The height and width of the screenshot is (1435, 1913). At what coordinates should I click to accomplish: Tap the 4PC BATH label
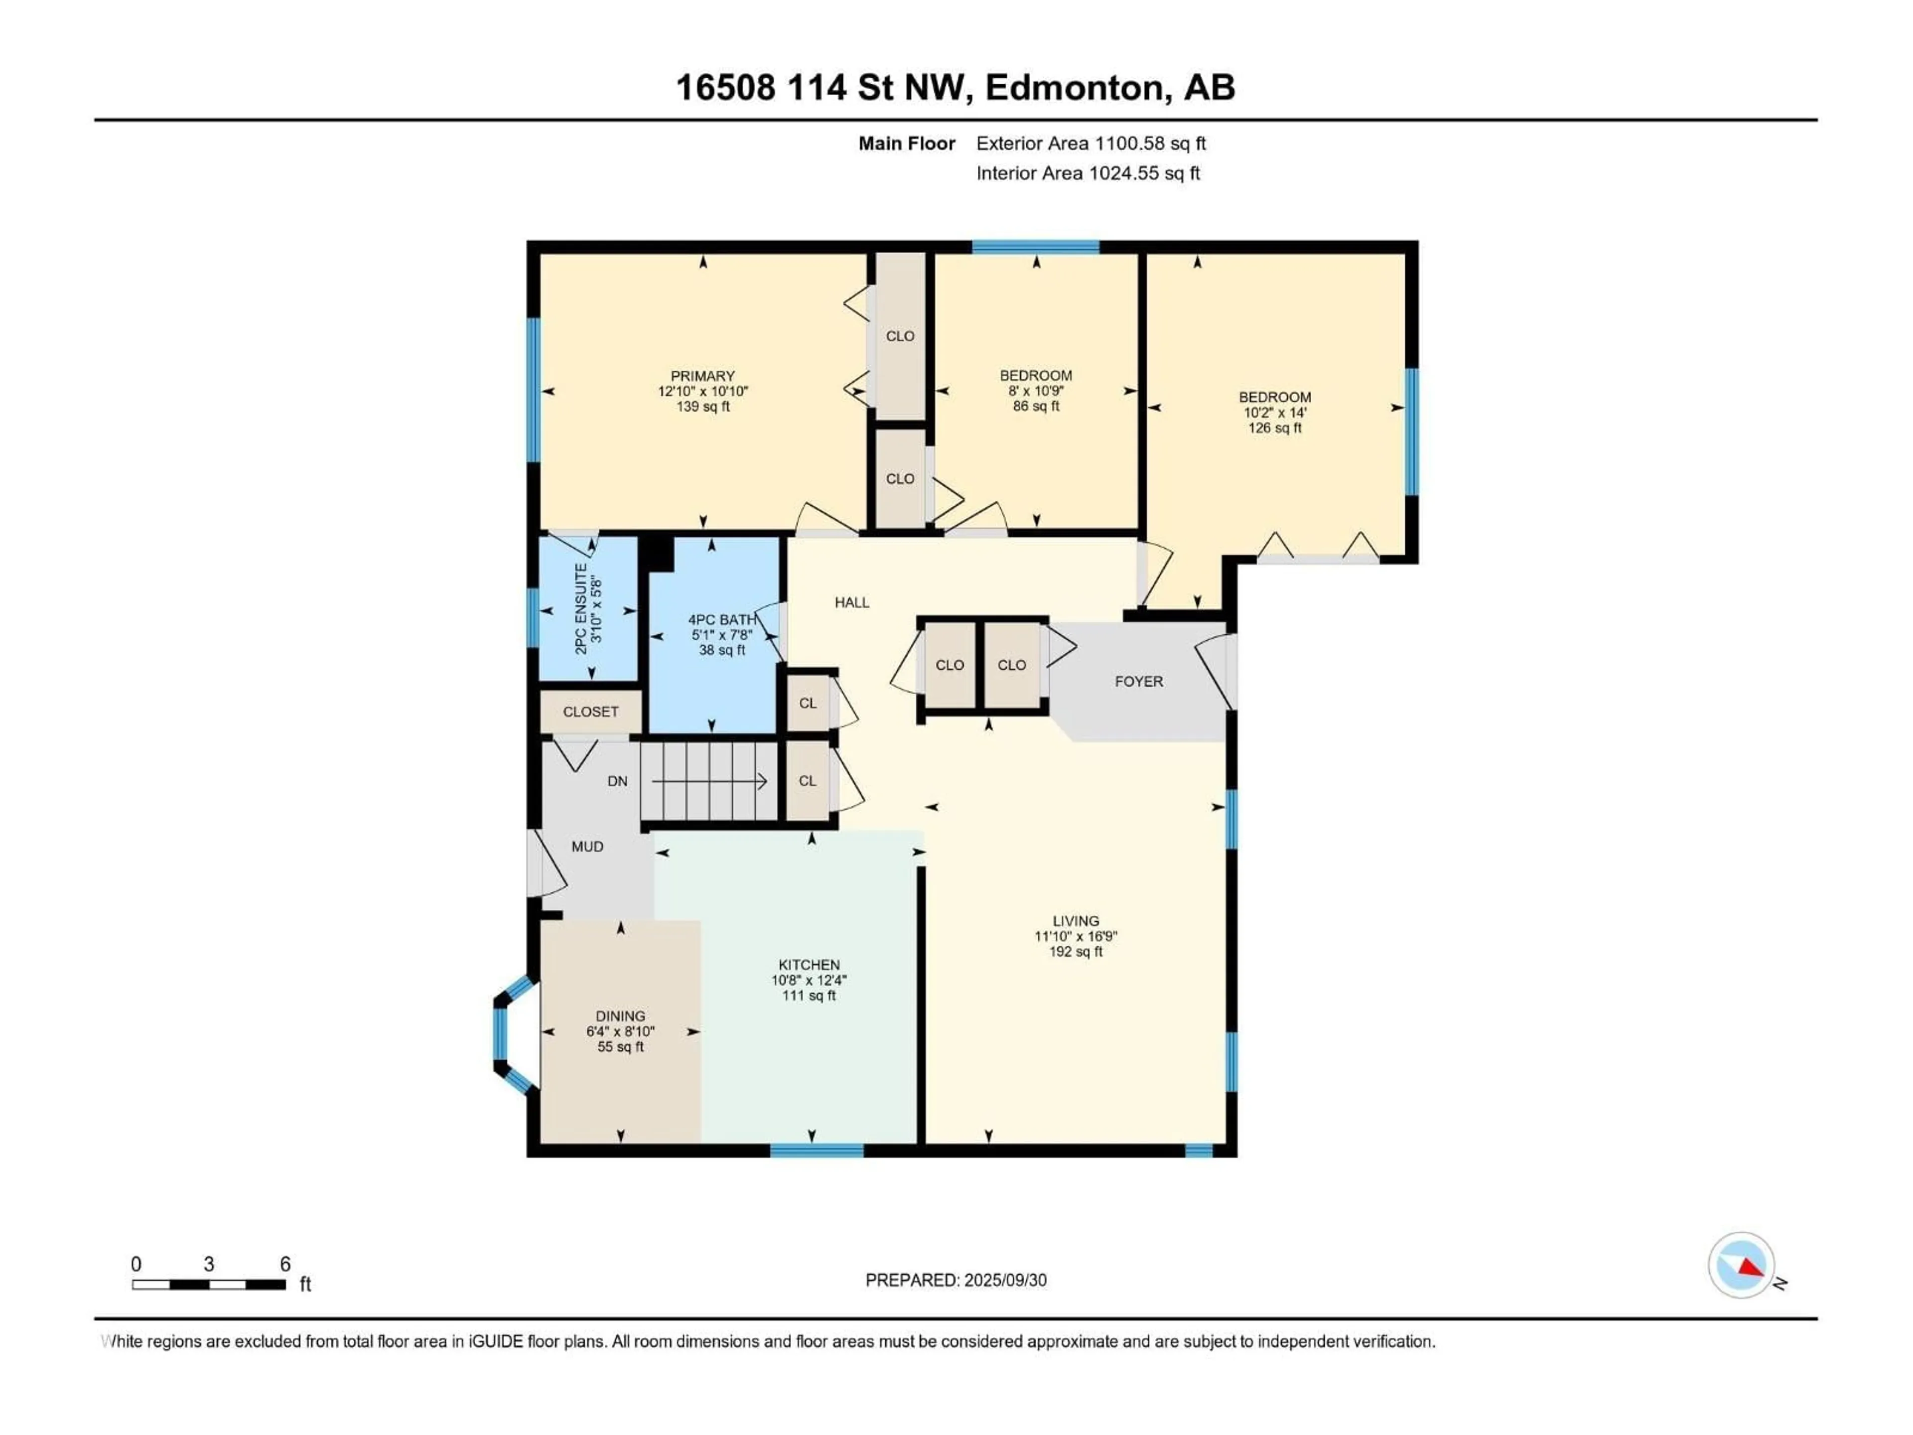coord(721,619)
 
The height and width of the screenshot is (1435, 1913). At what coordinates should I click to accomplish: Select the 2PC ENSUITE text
coord(581,609)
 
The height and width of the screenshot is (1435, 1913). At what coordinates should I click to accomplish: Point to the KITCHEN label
coord(809,965)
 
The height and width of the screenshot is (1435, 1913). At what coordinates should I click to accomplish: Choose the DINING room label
coord(620,1015)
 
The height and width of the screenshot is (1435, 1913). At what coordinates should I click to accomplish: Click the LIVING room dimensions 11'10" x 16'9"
coord(1076,936)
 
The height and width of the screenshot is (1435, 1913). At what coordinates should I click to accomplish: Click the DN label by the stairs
coord(617,781)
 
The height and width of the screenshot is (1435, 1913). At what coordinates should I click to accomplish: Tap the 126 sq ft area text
coord(1274,428)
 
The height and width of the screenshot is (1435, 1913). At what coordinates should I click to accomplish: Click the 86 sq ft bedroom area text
coord(1035,406)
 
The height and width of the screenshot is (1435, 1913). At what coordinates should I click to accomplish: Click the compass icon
coord(1742,1265)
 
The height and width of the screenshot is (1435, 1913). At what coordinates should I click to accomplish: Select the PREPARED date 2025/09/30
coord(956,1280)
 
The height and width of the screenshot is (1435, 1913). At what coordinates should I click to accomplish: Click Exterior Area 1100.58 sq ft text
coord(1091,143)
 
